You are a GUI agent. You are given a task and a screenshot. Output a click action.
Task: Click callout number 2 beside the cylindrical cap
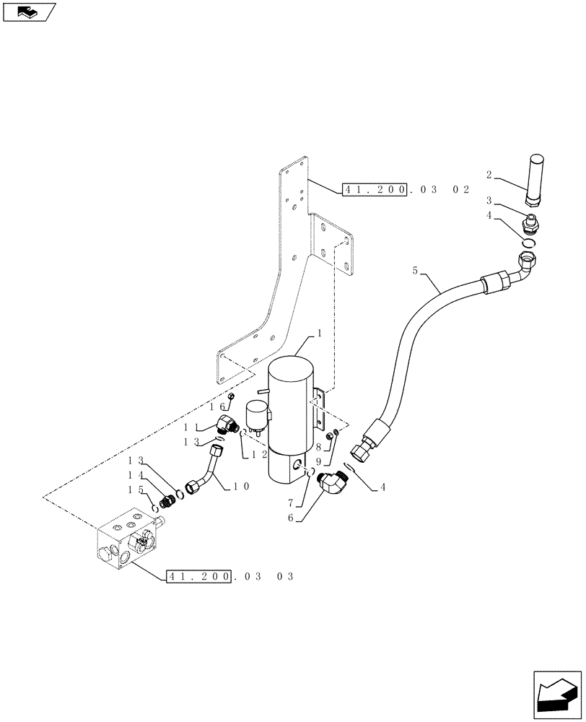[x=489, y=174]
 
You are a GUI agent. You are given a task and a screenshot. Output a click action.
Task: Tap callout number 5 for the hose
[x=415, y=271]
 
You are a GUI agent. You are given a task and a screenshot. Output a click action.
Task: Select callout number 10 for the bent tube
[x=241, y=487]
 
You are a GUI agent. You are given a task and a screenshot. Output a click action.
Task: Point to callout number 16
[x=217, y=407]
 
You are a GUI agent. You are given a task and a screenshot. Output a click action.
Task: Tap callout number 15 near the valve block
[x=134, y=490]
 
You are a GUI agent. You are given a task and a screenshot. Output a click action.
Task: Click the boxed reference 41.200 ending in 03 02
[x=375, y=190]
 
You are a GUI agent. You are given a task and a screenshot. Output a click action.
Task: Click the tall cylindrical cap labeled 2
[x=535, y=178]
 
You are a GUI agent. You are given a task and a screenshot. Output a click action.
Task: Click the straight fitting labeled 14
[x=168, y=499]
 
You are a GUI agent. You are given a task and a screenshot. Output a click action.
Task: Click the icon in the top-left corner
[x=30, y=12]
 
